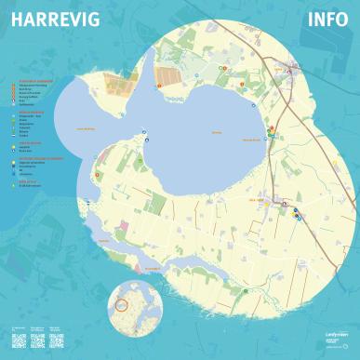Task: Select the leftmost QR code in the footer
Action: click(16, 338)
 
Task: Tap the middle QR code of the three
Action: click(38, 338)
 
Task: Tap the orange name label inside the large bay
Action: click(216, 133)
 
